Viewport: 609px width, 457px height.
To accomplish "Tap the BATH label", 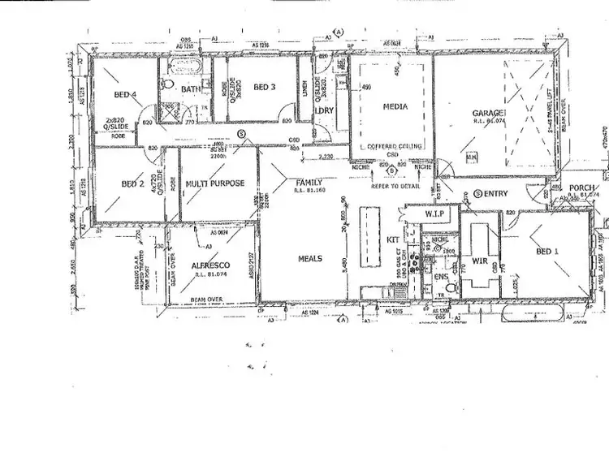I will (192, 89).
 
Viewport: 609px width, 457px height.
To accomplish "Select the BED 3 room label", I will (266, 87).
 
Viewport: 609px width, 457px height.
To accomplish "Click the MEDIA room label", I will (395, 106).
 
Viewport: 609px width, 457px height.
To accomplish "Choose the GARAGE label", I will (490, 113).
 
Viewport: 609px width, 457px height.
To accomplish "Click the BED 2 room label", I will (132, 184).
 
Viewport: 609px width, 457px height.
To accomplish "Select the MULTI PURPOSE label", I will (215, 183).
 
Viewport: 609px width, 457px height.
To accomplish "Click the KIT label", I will (392, 240).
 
